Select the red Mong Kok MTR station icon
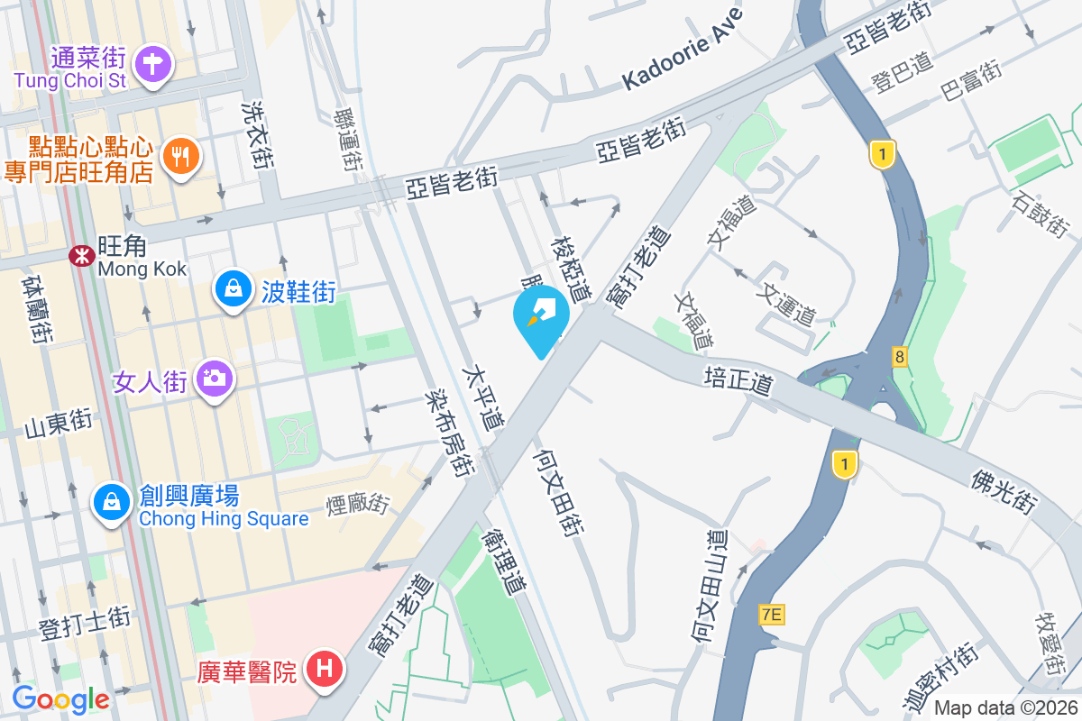pyautogui.click(x=82, y=256)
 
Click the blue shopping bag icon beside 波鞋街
pyautogui.click(x=234, y=289)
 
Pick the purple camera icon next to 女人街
pyautogui.click(x=215, y=379)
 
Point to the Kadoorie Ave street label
pyautogui.click(x=683, y=52)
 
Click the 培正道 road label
pyautogui.click(x=739, y=379)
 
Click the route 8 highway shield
pyautogui.click(x=900, y=357)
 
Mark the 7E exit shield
pyautogui.click(x=772, y=616)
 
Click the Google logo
pyautogui.click(x=60, y=698)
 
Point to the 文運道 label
pyautogui.click(x=789, y=304)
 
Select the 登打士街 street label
pyautogui.click(x=85, y=623)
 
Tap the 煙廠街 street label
pyautogui.click(x=357, y=503)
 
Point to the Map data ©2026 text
pyautogui.click(x=1005, y=707)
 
